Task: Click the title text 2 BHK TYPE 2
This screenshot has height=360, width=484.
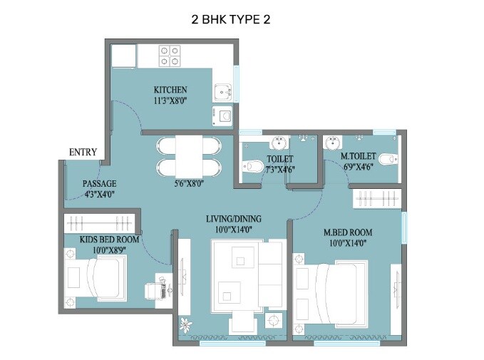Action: tap(231, 20)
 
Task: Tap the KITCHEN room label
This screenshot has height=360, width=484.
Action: tap(170, 90)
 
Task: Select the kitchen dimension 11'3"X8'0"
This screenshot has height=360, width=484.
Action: tap(170, 101)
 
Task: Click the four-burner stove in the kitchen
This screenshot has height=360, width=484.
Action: tap(169, 56)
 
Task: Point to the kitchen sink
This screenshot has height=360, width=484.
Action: tap(223, 91)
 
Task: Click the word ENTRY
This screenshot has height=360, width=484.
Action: tap(83, 152)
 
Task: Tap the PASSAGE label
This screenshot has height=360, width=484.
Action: tap(99, 183)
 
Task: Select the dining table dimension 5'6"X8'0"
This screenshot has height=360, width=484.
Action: tap(189, 183)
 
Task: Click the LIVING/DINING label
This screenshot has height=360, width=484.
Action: tap(234, 218)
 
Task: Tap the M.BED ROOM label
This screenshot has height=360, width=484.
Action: tap(348, 232)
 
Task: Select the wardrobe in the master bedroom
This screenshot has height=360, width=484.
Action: tap(378, 198)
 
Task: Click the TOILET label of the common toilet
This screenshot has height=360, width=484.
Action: tap(279, 159)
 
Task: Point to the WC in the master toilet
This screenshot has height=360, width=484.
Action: tap(387, 158)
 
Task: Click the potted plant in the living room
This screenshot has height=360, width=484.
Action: tap(187, 324)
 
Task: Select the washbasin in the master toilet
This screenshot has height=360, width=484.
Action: tap(331, 143)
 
